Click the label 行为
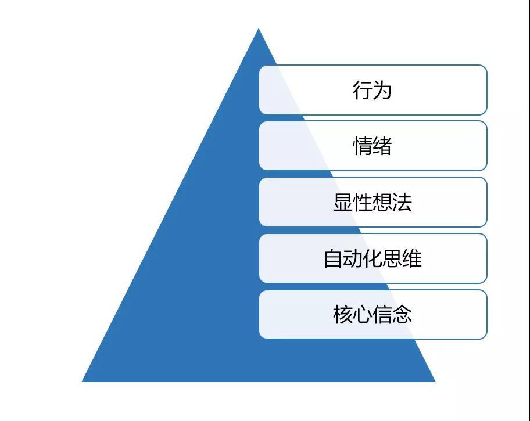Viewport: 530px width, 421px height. (372, 90)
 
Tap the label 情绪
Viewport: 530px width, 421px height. (372, 146)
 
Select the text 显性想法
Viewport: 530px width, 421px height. (372, 203)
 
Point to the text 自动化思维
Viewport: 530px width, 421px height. (373, 259)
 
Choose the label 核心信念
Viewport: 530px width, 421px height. (372, 315)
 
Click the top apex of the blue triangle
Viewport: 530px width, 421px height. (259, 28)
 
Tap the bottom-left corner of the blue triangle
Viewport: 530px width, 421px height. (82, 382)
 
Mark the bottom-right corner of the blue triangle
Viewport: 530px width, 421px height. (435, 382)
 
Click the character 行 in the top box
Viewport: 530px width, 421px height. (363, 90)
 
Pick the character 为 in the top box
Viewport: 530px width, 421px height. (382, 90)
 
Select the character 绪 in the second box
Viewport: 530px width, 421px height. (382, 146)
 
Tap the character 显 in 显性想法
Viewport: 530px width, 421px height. (343, 203)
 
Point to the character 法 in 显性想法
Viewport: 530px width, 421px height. (402, 203)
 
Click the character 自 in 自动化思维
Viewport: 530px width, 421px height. (334, 259)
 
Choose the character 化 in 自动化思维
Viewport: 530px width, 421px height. (373, 259)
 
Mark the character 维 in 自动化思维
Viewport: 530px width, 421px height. (412, 259)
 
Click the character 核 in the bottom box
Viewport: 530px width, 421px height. (343, 315)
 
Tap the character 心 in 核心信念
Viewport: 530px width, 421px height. (363, 315)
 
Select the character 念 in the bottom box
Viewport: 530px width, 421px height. (402, 315)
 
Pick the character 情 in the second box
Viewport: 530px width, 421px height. (363, 146)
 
